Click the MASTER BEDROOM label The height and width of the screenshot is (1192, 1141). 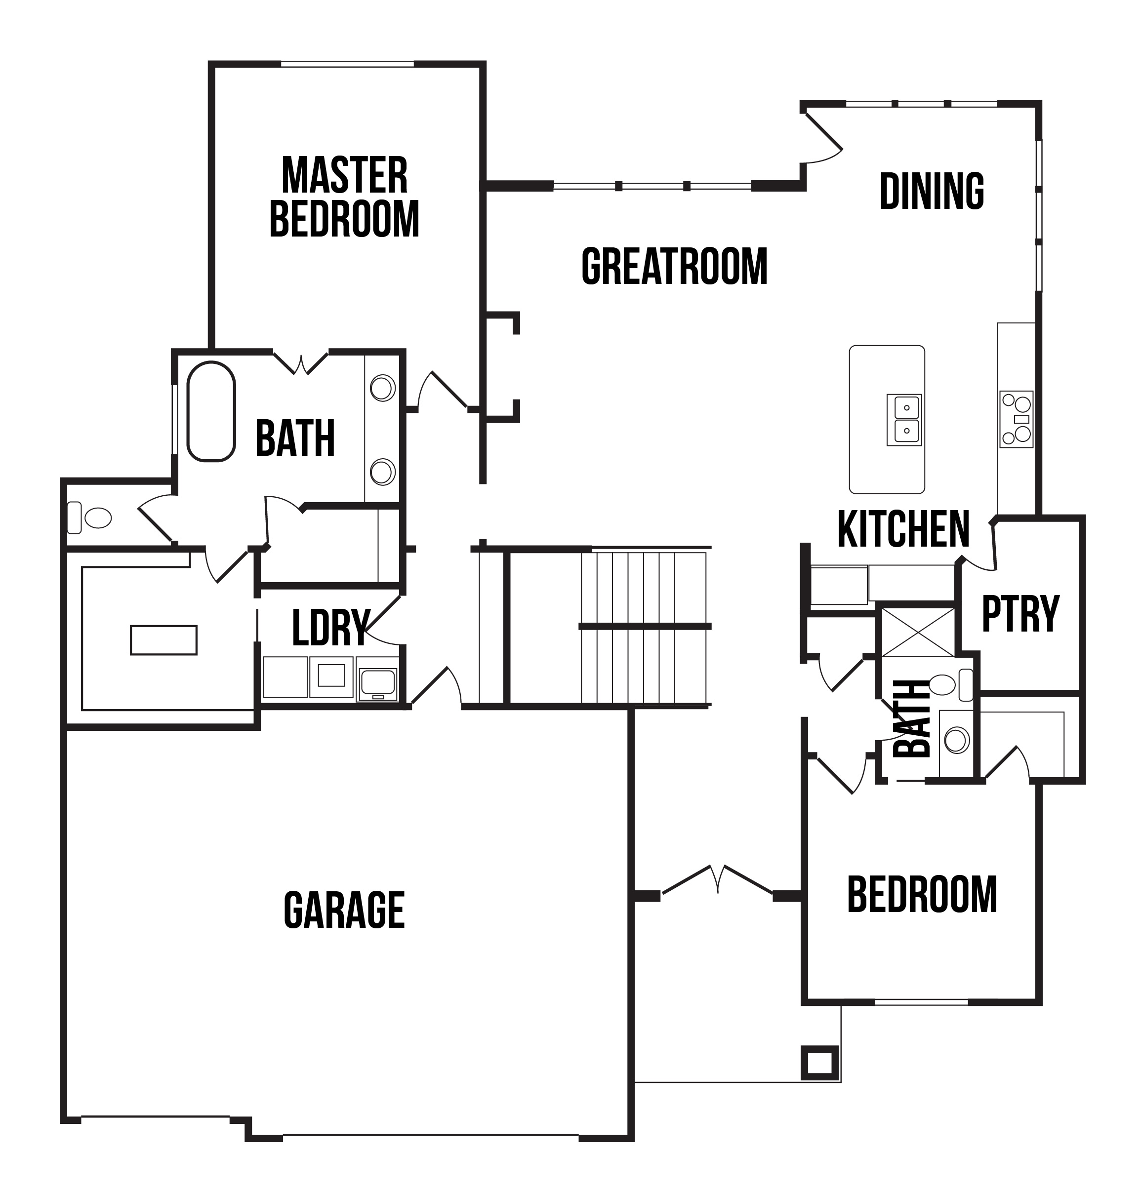[344, 197]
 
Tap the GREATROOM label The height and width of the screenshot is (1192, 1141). [675, 266]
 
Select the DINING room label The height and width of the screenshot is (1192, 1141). [932, 191]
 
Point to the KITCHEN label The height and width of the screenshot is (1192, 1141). [903, 529]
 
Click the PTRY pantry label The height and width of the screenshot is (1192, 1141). [1020, 614]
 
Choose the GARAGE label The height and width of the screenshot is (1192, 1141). [344, 910]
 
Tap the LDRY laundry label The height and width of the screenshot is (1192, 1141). [331, 627]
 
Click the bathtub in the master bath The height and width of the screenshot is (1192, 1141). [211, 412]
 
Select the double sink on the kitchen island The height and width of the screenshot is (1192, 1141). [904, 420]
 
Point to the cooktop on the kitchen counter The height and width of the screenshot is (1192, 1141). [1017, 419]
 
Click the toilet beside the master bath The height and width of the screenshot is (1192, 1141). [89, 517]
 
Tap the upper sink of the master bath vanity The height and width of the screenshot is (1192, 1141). [383, 388]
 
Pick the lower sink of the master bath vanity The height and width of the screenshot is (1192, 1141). [383, 472]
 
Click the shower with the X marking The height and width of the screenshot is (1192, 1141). [918, 632]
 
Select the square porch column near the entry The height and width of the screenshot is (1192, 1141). [820, 1063]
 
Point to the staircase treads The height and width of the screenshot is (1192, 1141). [645, 628]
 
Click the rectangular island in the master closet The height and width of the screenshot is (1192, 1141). [163, 640]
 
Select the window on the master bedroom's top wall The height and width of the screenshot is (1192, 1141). [347, 64]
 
